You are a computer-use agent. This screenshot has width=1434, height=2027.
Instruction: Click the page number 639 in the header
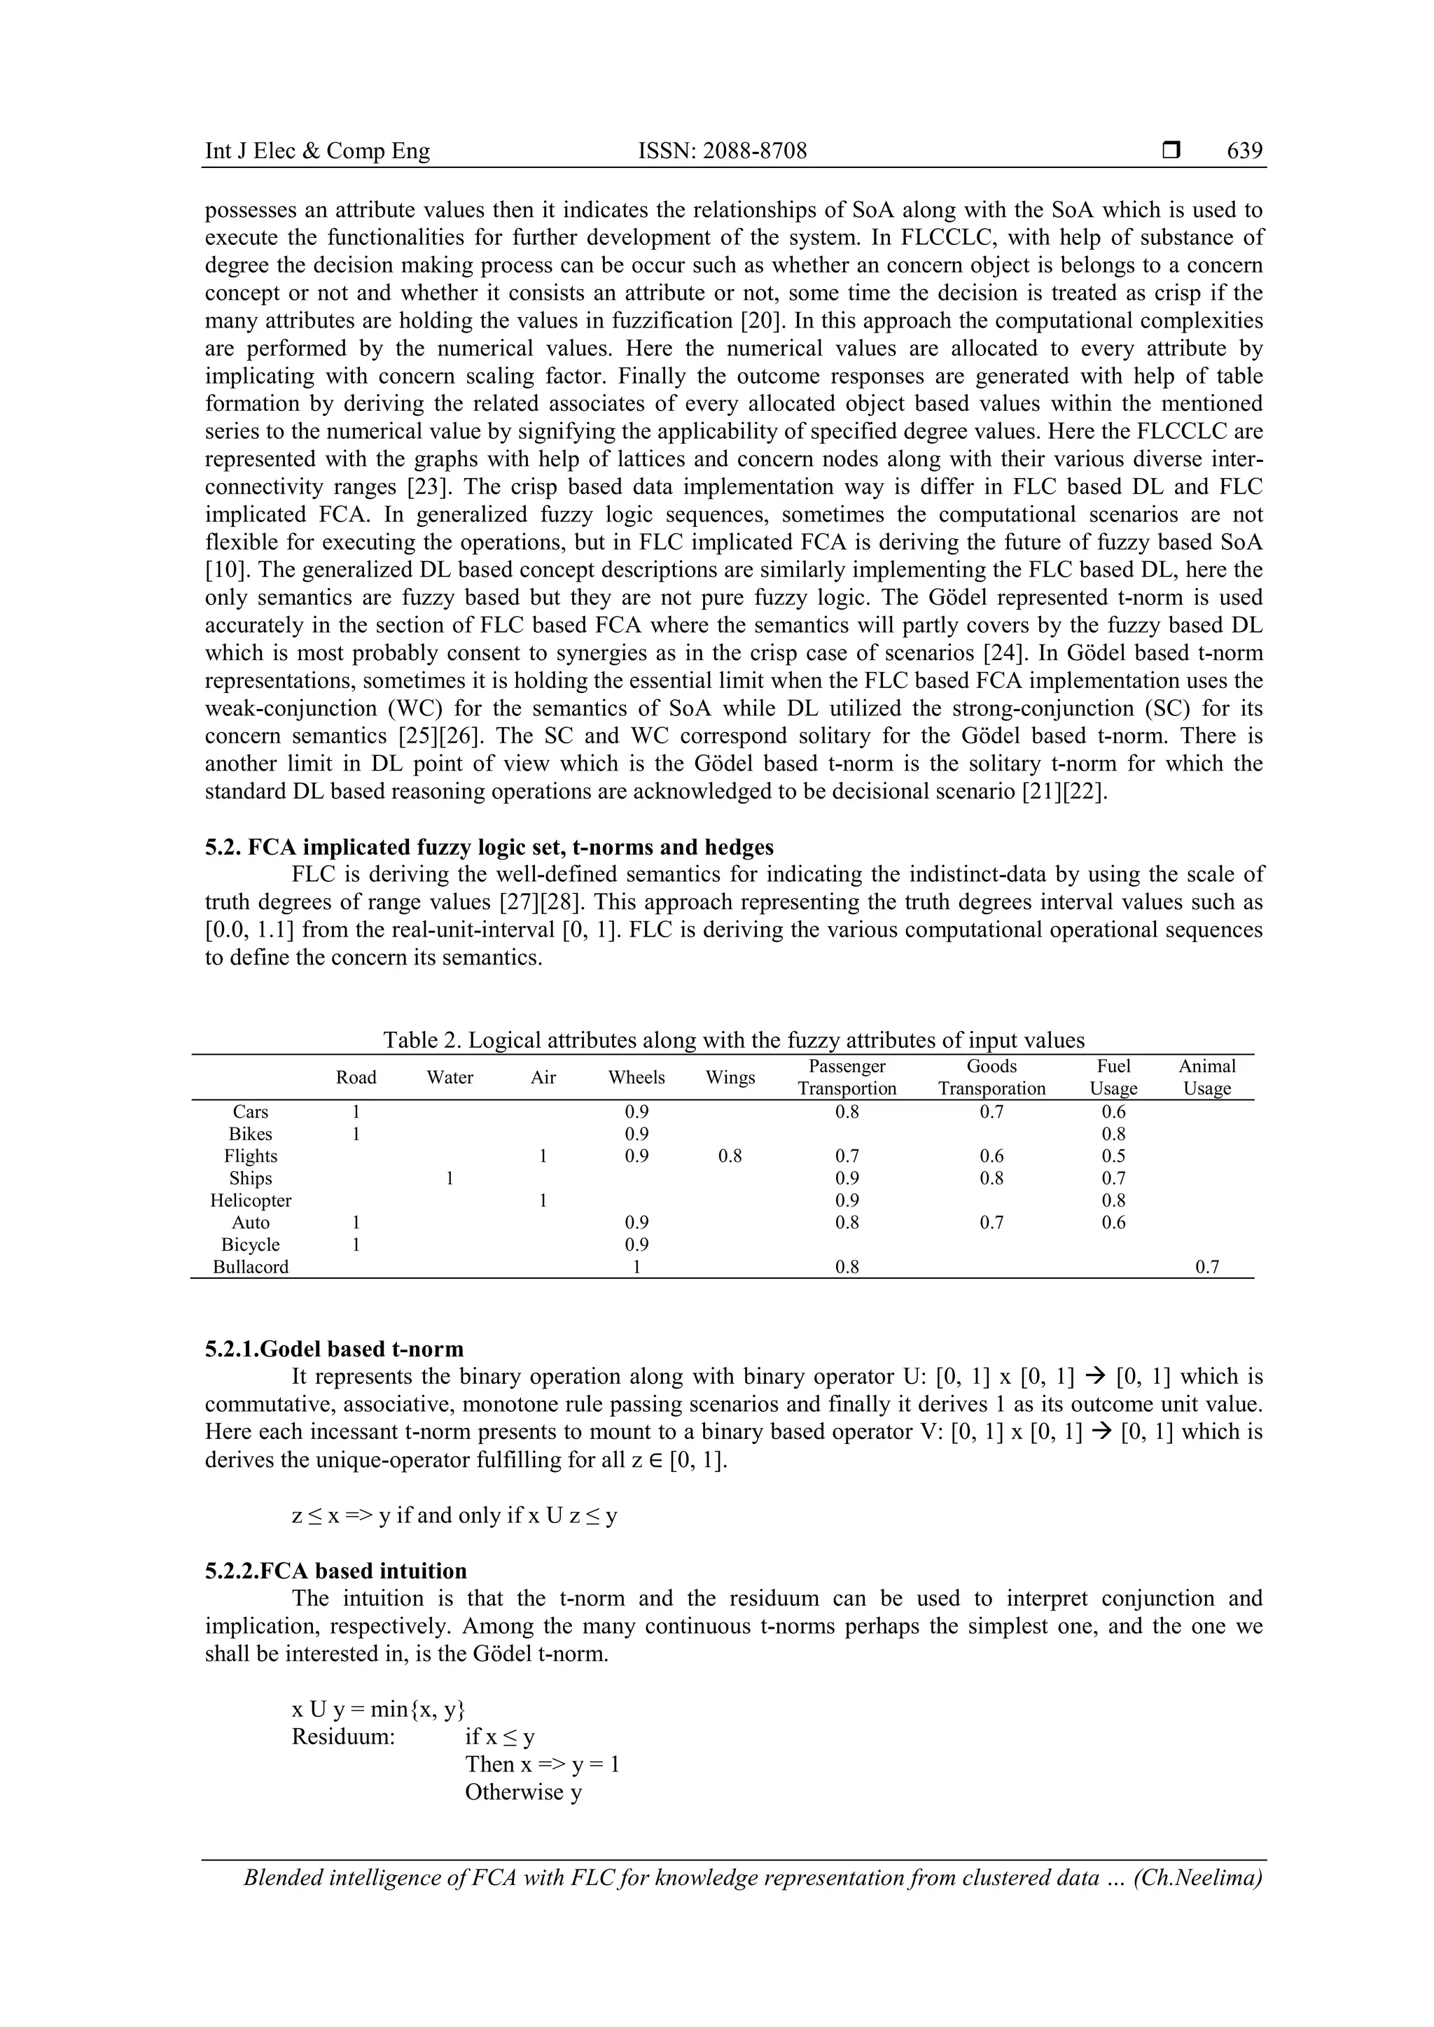[x=1244, y=151]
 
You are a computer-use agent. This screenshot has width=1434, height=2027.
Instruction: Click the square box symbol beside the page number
[x=1171, y=151]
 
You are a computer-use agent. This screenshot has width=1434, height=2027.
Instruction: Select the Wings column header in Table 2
[x=730, y=1077]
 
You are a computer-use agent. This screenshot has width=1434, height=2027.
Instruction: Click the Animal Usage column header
[x=1206, y=1077]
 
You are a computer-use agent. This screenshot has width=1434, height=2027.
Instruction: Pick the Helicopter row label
[x=251, y=1200]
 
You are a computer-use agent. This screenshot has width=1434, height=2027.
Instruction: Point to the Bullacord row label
[x=251, y=1267]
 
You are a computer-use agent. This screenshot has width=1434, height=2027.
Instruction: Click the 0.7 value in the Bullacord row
[x=1206, y=1267]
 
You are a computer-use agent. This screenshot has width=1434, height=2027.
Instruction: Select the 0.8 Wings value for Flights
[x=730, y=1156]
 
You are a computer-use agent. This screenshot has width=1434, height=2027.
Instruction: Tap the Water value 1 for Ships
[x=450, y=1179]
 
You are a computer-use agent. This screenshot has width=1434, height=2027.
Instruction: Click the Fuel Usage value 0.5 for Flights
[x=1113, y=1156]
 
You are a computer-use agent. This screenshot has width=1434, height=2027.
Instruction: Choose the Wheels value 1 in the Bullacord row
[x=636, y=1267]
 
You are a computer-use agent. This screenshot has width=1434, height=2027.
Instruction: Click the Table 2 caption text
[x=733, y=1040]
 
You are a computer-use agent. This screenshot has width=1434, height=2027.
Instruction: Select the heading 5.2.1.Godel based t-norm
[x=334, y=1349]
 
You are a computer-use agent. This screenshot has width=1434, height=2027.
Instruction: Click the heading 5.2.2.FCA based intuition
[x=335, y=1571]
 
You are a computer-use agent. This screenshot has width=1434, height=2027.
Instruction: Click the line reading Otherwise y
[x=524, y=1792]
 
